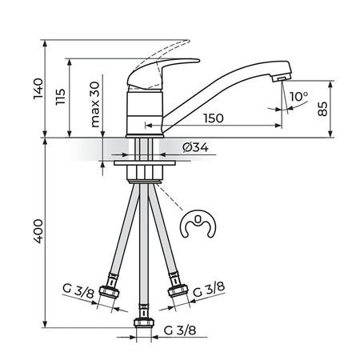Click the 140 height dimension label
[x=38, y=89]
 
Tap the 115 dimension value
[x=61, y=97]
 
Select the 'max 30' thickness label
[x=95, y=104]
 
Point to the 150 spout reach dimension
[x=214, y=118]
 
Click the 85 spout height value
[x=322, y=109]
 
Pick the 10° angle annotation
[x=299, y=96]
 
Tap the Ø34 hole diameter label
[x=195, y=147]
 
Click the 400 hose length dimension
[x=38, y=231]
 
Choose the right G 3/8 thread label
[x=209, y=290]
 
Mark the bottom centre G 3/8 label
[x=180, y=330]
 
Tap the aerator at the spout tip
[x=281, y=78]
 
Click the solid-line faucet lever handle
[x=160, y=72]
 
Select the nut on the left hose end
[x=110, y=291]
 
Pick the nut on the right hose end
[x=178, y=290]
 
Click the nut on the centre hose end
[x=144, y=322]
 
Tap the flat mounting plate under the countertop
[x=145, y=162]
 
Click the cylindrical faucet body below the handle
[x=144, y=114]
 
